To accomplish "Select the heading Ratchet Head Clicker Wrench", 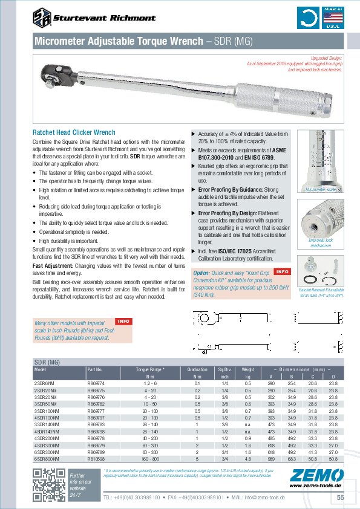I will (x=73, y=132).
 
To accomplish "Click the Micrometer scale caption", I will (x=325, y=189).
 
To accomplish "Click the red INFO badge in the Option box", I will (x=283, y=271).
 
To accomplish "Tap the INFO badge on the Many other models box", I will (x=123, y=320).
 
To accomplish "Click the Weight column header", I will (x=247, y=368).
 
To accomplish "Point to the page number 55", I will (x=340, y=497).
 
